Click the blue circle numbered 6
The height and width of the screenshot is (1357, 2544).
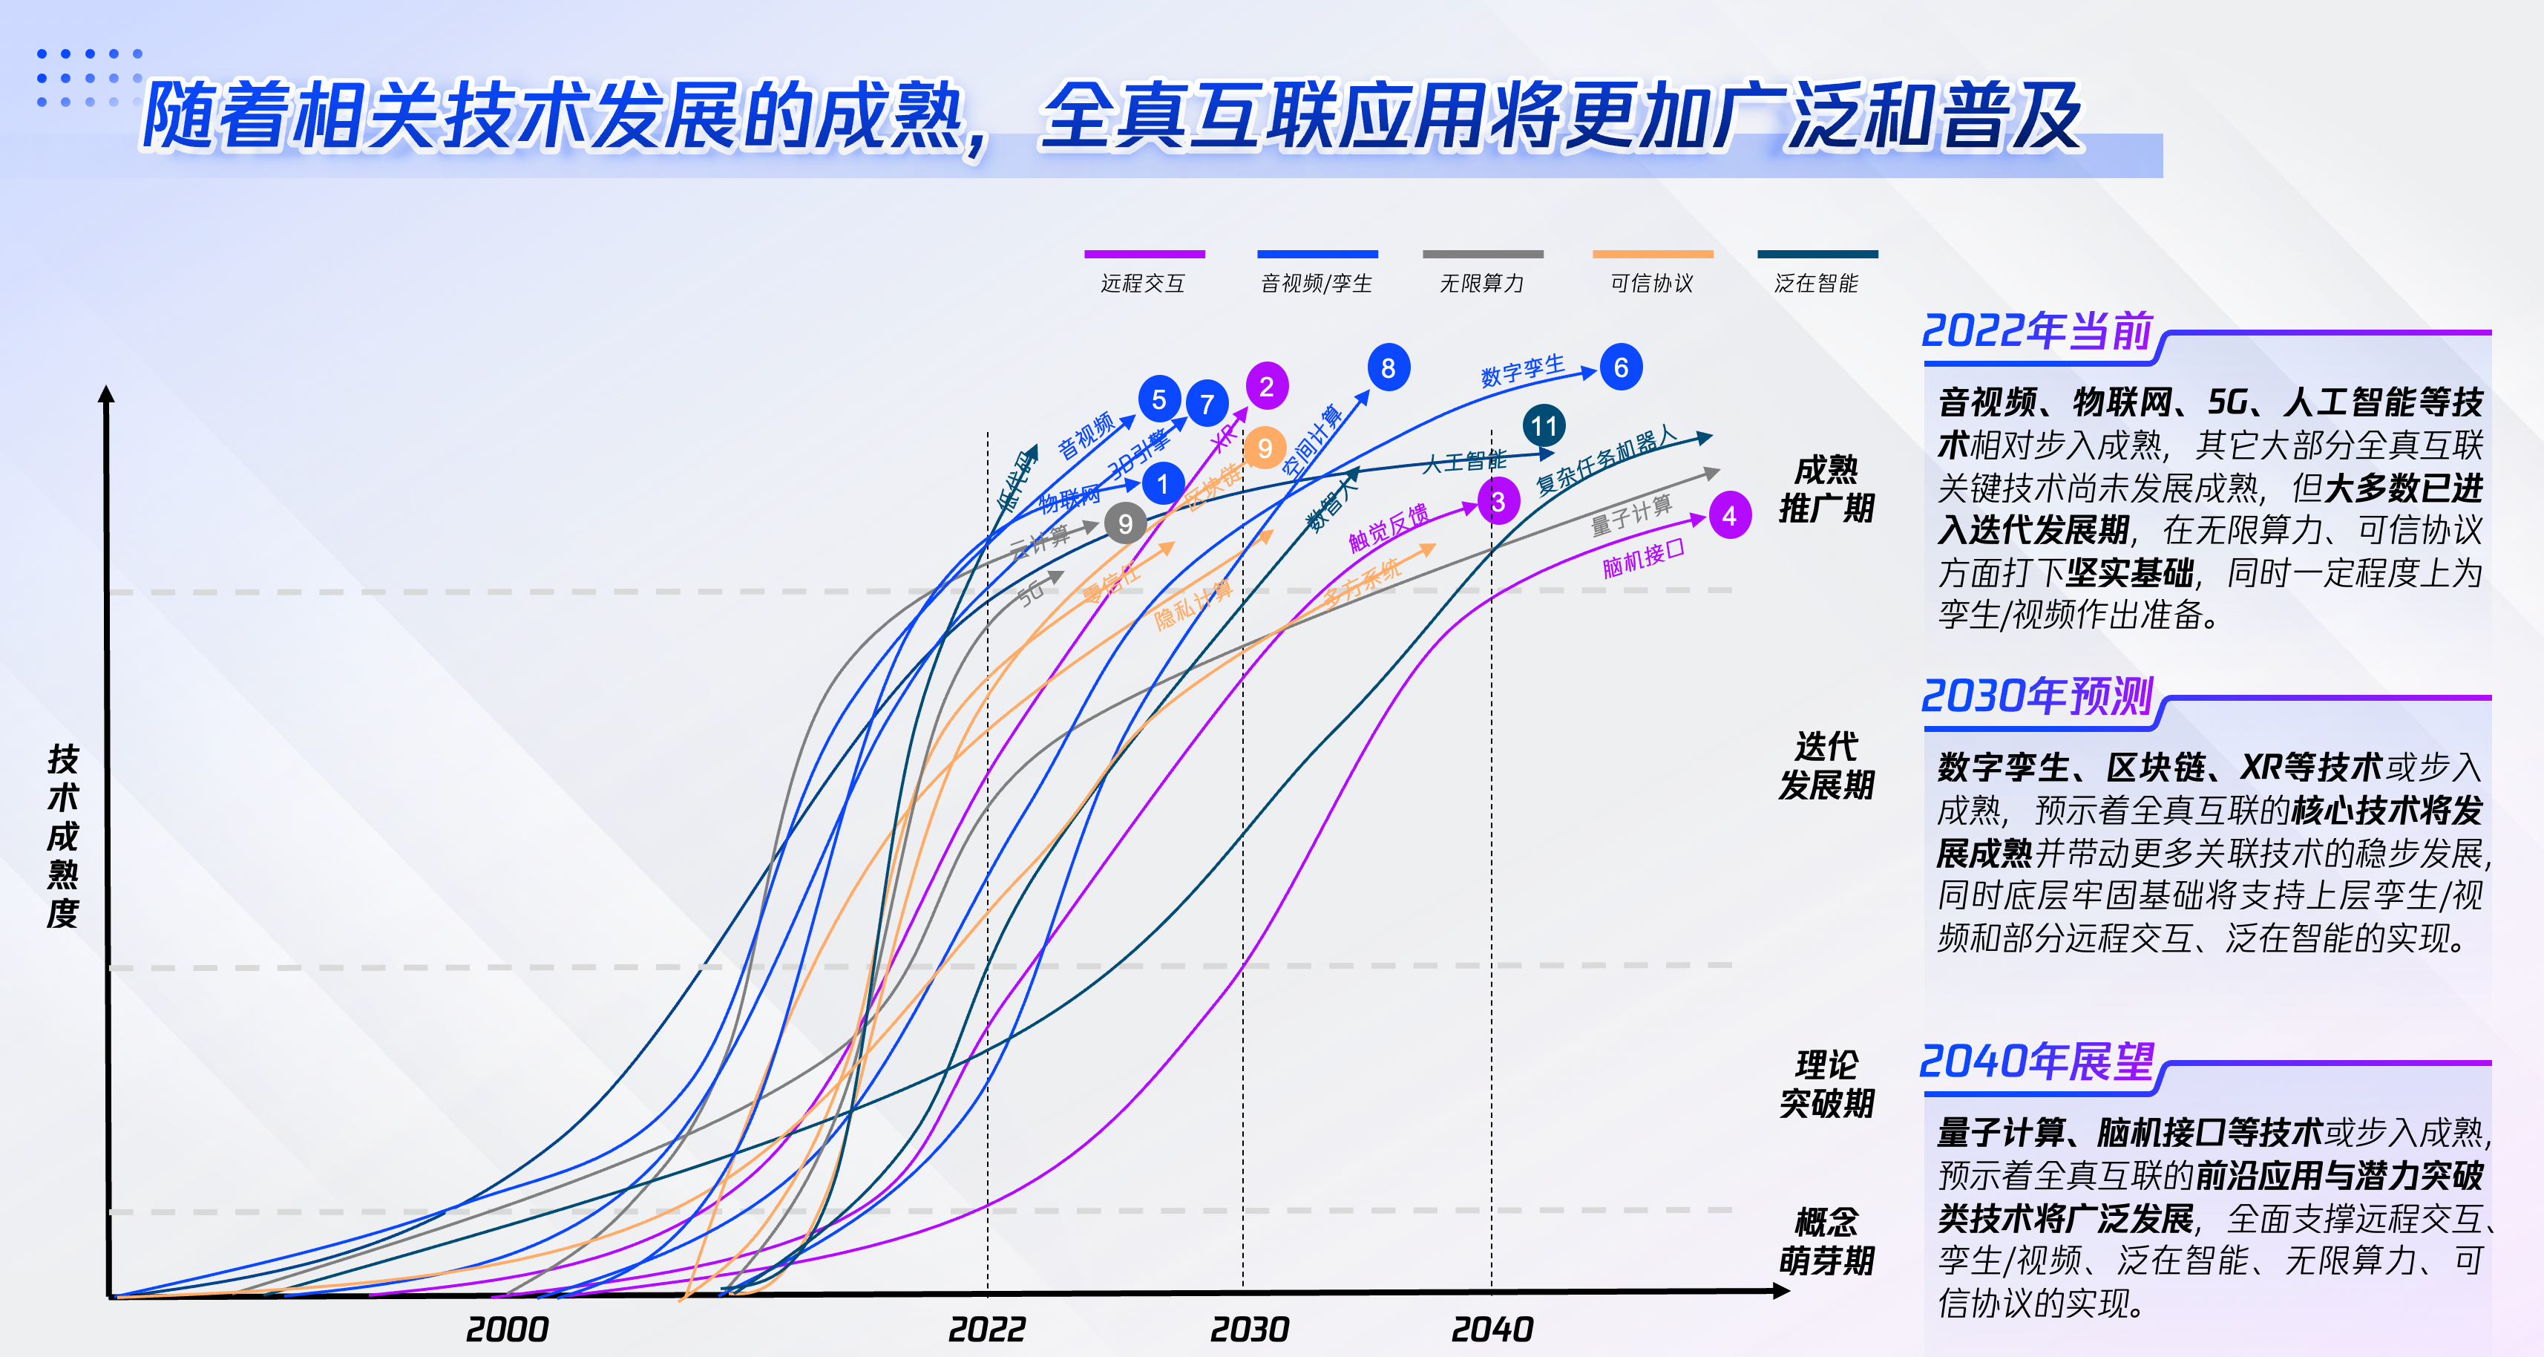coord(1621,367)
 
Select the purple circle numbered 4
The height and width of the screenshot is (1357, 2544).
coord(1729,515)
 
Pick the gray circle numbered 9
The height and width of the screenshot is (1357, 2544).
coord(1125,523)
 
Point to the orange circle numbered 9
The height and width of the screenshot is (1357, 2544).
coord(1264,448)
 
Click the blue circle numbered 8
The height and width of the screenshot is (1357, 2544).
coord(1389,367)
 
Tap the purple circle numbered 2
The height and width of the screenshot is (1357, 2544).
coord(1266,386)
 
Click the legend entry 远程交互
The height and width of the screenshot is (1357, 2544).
coord(1143,284)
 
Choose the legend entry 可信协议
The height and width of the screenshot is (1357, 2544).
coord(1651,284)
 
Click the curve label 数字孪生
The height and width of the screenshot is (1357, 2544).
coord(1523,370)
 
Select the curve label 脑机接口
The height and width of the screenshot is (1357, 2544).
coord(1642,559)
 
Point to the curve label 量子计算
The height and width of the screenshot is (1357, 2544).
coord(1630,514)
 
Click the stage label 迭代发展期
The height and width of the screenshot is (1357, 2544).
coord(1826,765)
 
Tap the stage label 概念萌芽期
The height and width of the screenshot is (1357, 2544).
coord(1826,1241)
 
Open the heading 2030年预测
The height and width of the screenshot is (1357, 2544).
coord(2037,696)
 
